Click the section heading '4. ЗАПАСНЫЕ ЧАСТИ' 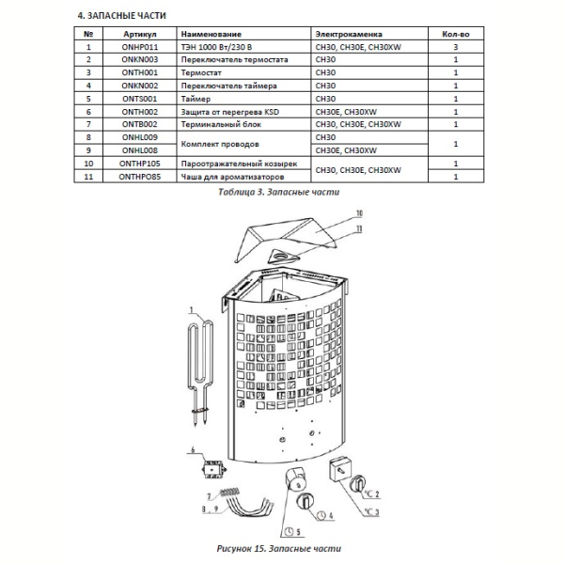[x=121, y=16]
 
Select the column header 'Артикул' [x=139, y=34]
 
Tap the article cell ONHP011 [x=139, y=47]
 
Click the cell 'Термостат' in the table [x=201, y=72]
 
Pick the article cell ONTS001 [x=139, y=99]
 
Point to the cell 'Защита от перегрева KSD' [x=230, y=112]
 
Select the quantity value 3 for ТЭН [x=456, y=47]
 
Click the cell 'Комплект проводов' [x=220, y=144]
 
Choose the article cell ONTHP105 [x=139, y=164]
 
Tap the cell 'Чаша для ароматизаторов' [x=232, y=177]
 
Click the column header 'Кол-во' [x=456, y=34]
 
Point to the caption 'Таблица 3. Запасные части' [x=279, y=192]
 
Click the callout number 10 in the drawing [x=359, y=213]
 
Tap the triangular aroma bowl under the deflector [x=283, y=257]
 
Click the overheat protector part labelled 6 [x=213, y=469]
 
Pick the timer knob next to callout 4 [x=305, y=501]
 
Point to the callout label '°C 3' [x=372, y=511]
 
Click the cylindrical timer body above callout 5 [x=296, y=478]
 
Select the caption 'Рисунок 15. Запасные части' [x=279, y=549]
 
